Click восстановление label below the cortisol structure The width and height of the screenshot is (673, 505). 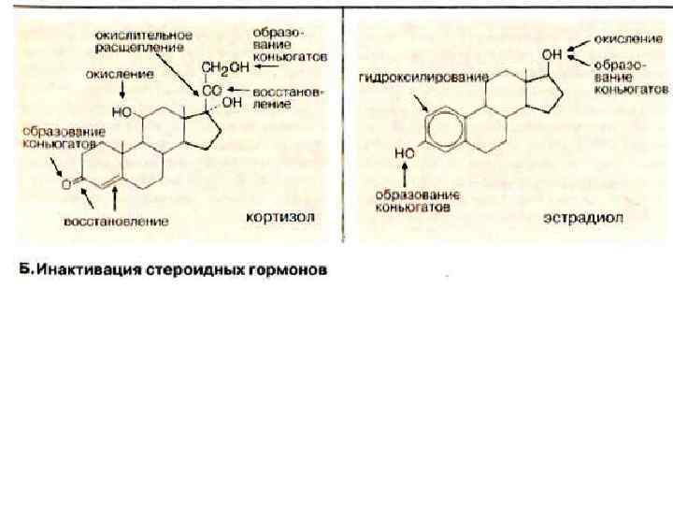tap(115, 222)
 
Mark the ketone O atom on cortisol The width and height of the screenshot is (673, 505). tap(66, 184)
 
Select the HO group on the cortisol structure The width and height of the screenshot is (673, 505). tap(119, 110)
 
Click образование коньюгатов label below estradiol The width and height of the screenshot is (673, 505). tap(413, 200)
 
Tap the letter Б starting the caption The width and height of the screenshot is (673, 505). tap(28, 271)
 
